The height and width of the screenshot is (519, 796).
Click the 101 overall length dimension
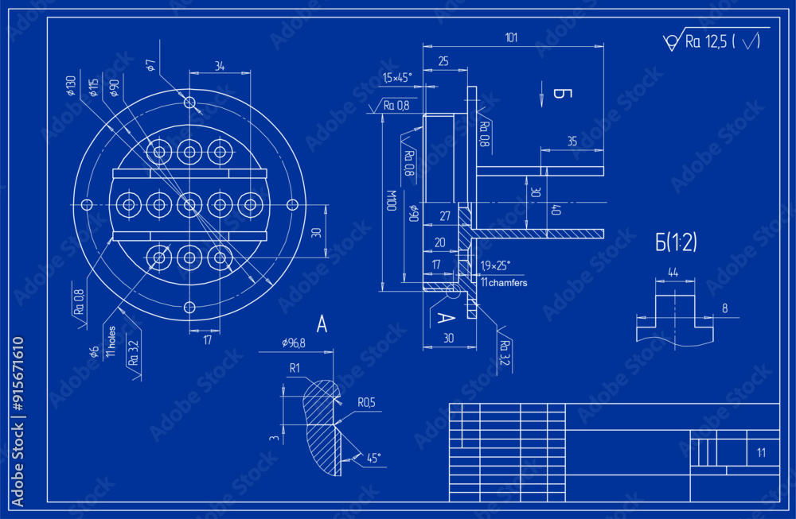tap(512, 37)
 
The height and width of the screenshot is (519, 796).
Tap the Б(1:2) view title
tap(676, 242)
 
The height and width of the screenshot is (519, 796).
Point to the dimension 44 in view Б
tap(673, 273)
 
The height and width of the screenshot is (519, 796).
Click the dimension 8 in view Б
tap(724, 308)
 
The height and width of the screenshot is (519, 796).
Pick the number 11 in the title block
tap(761, 453)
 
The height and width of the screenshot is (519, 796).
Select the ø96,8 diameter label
tap(295, 343)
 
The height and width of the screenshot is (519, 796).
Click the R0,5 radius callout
tap(365, 403)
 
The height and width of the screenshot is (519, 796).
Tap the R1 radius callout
tap(295, 368)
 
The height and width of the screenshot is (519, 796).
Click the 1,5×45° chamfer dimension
tap(396, 77)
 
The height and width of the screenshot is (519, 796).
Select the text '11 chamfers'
tap(503, 282)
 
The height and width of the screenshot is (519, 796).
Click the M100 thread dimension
tap(391, 201)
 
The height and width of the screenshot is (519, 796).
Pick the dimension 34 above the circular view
tap(220, 67)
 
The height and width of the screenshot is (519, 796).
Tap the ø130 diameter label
tap(71, 85)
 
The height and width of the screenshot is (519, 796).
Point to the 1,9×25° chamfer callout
tap(496, 265)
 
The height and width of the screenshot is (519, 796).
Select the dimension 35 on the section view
tap(572, 141)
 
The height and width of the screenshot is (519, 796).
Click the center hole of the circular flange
tap(189, 205)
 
